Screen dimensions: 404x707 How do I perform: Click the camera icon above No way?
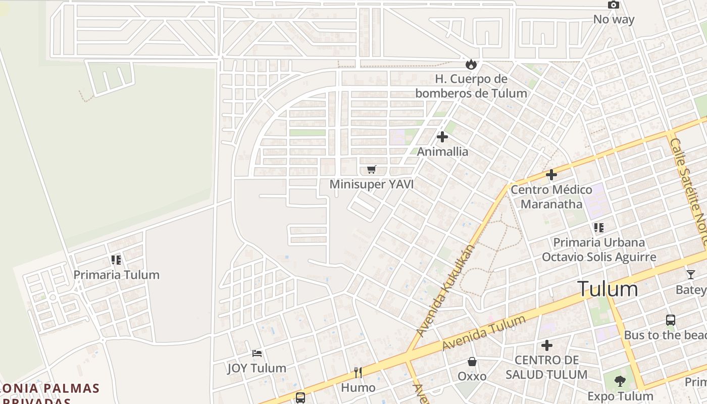click(x=614, y=5)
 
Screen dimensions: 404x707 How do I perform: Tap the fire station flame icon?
click(x=471, y=64)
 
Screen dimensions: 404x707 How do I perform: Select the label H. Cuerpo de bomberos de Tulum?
click(x=471, y=86)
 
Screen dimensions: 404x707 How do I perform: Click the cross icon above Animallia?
click(x=442, y=137)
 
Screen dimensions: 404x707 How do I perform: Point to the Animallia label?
click(x=442, y=151)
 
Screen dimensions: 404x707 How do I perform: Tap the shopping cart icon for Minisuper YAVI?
click(x=372, y=170)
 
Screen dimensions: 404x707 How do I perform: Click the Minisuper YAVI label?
click(x=372, y=184)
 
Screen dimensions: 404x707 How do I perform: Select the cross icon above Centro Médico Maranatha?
click(x=551, y=175)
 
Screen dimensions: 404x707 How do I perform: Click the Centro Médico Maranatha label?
click(x=551, y=197)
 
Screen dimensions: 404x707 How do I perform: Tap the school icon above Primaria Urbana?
click(x=599, y=228)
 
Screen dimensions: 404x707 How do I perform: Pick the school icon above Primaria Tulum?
click(x=116, y=260)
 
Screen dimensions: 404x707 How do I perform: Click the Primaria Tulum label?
click(x=116, y=275)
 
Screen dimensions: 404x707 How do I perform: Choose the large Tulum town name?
click(x=608, y=289)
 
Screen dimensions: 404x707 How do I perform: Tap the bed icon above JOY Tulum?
click(x=257, y=353)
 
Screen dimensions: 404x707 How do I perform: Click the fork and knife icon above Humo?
click(x=358, y=373)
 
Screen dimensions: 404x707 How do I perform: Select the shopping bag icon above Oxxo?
click(x=472, y=362)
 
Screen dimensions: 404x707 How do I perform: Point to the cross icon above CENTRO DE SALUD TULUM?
click(x=546, y=346)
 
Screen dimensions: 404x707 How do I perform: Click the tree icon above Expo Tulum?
click(x=620, y=381)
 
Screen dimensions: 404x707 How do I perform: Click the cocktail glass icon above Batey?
click(x=690, y=275)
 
